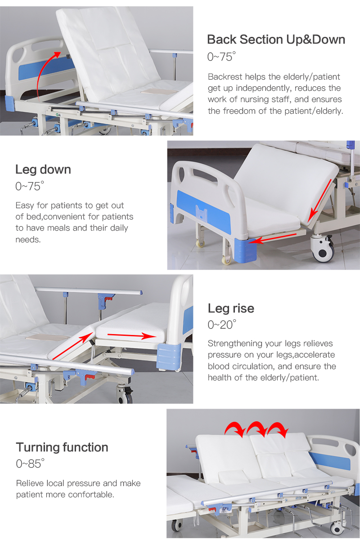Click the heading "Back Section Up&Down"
click(x=276, y=40)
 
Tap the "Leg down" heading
click(x=43, y=170)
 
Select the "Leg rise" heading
click(x=231, y=308)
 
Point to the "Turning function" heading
click(x=62, y=447)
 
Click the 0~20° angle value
click(x=222, y=325)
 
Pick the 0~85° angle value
click(x=30, y=464)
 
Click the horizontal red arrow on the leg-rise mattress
click(x=132, y=335)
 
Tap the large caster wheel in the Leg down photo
click(x=323, y=248)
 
